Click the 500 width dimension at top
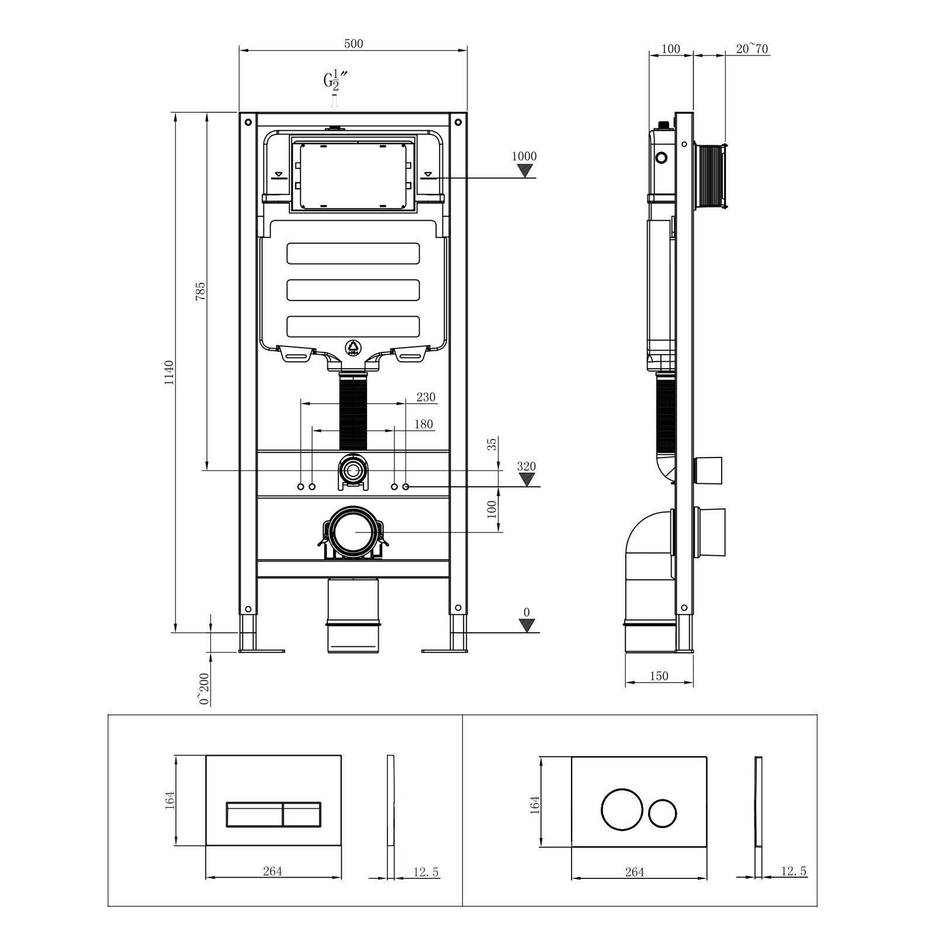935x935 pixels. pyautogui.click(x=354, y=44)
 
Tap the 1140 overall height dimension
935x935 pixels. pyautogui.click(x=169, y=372)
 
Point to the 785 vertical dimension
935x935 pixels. pyautogui.click(x=200, y=291)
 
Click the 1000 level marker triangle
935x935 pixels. pyautogui.click(x=527, y=171)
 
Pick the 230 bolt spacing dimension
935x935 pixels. pyautogui.click(x=425, y=397)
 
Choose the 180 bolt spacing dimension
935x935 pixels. pyautogui.click(x=423, y=424)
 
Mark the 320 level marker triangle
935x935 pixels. pyautogui.click(x=527, y=480)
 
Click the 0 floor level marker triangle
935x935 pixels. pyautogui.click(x=527, y=626)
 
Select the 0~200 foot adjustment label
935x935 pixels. pyautogui.click(x=204, y=690)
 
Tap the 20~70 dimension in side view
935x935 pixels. pyautogui.click(x=752, y=49)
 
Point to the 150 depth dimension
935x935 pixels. pyautogui.click(x=659, y=676)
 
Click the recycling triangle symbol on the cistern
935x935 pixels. pyautogui.click(x=354, y=348)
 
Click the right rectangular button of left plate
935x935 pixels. pyautogui.click(x=302, y=814)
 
